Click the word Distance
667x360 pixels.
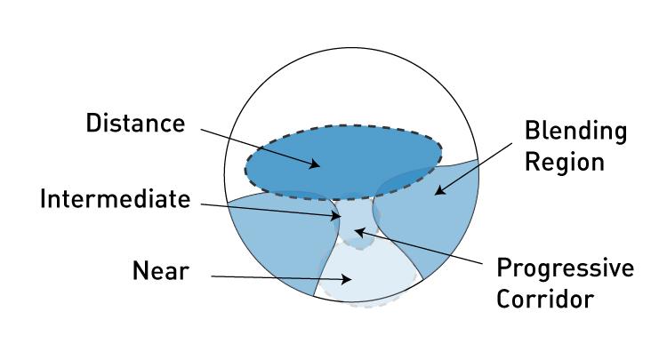(x=136, y=124)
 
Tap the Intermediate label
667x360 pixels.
(x=115, y=198)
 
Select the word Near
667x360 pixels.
(x=160, y=271)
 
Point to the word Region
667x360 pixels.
(x=564, y=162)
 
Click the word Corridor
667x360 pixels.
(x=545, y=299)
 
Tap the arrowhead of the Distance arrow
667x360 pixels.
(x=315, y=164)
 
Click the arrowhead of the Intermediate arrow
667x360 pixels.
(x=336, y=215)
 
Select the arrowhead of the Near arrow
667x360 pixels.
(x=346, y=279)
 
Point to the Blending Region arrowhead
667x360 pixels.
(x=439, y=190)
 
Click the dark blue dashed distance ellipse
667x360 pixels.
(x=343, y=163)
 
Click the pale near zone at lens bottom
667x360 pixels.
(x=366, y=276)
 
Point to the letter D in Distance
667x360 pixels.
(x=93, y=124)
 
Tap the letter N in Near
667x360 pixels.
(x=140, y=271)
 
